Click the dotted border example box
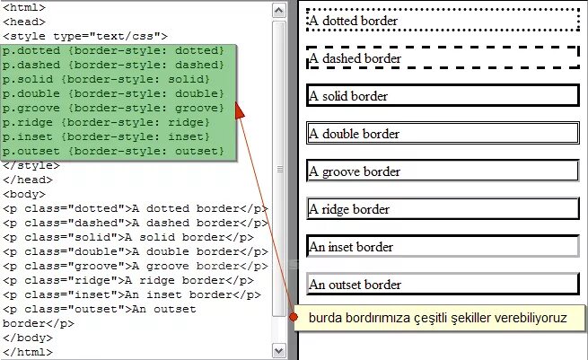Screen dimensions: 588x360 [x=443, y=20]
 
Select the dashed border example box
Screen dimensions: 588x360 [x=443, y=58]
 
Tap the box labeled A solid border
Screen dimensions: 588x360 [x=443, y=96]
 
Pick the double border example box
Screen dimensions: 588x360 [x=443, y=134]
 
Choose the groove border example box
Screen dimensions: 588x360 [x=443, y=171]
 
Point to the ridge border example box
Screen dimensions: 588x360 [x=443, y=209]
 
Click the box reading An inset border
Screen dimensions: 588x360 [x=443, y=247]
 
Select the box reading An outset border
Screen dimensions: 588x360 [x=443, y=285]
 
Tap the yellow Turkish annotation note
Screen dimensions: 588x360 [x=438, y=318]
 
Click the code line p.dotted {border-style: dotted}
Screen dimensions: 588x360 [x=113, y=51]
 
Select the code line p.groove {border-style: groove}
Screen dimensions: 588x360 [x=113, y=108]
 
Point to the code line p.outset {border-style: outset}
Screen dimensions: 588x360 [x=113, y=151]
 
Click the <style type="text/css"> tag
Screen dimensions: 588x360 [x=84, y=36]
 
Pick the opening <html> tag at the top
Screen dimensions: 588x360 [x=23, y=7]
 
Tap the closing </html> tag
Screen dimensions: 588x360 [x=27, y=352]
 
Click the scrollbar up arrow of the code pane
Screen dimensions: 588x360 [x=279, y=7]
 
